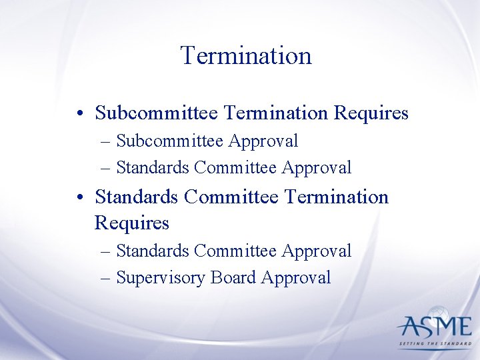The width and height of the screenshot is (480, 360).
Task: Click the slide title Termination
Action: click(x=246, y=55)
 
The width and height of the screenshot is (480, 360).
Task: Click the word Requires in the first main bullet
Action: click(x=371, y=113)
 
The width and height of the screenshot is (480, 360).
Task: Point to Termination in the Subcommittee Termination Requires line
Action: click(x=275, y=113)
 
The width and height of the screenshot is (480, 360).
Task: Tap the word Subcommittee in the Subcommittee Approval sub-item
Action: click(x=171, y=141)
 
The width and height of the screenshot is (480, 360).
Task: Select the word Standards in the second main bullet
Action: click(x=137, y=197)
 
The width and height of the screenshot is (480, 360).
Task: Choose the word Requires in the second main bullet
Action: click(x=132, y=222)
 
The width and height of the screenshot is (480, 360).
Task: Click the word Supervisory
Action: click(x=161, y=278)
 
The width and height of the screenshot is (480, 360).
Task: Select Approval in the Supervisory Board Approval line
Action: click(x=297, y=277)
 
